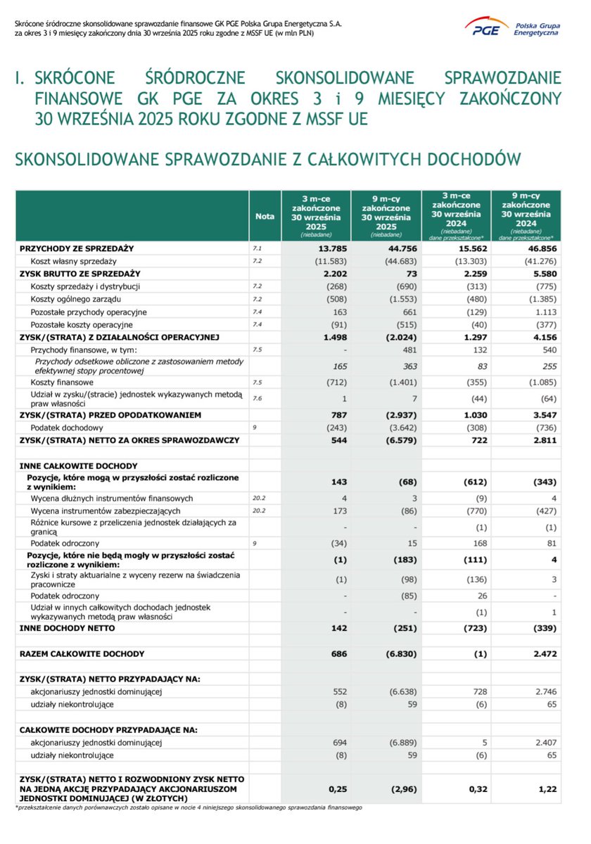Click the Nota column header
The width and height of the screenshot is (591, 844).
[265, 217]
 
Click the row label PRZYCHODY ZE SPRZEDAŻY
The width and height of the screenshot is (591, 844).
[77, 249]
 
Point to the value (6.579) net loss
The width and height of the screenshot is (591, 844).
[402, 440]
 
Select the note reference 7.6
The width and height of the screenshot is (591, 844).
[257, 398]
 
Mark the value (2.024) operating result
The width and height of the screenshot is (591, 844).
[402, 337]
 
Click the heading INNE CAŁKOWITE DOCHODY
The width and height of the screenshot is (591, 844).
[78, 466]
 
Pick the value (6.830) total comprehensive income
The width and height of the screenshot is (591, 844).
[402, 653]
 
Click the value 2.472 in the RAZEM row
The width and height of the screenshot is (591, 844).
[542, 653]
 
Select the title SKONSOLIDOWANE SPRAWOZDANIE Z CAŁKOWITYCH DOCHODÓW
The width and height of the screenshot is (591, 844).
[268, 160]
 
